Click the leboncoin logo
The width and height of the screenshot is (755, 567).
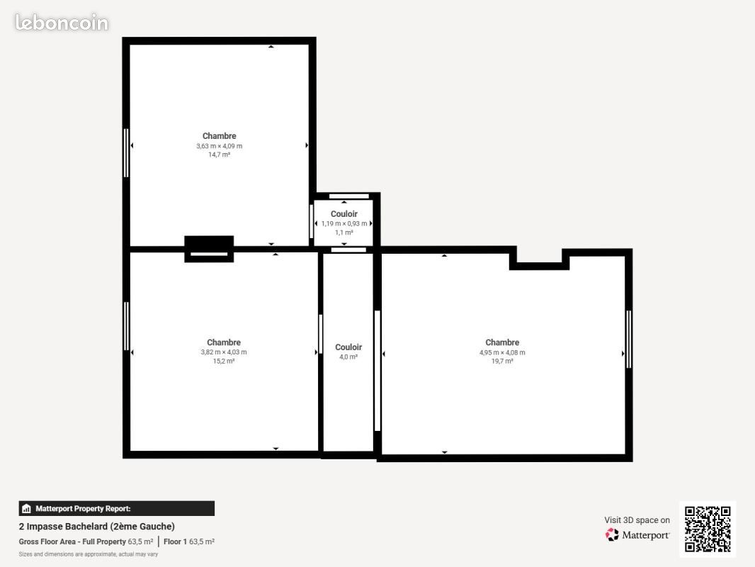pyautogui.click(x=62, y=23)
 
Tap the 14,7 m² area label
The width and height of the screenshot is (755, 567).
pyautogui.click(x=219, y=155)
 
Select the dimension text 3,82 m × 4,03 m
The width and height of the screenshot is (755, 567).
pyautogui.click(x=223, y=352)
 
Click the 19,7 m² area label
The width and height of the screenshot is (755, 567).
pyautogui.click(x=501, y=361)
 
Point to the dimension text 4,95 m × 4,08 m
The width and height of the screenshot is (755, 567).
pyautogui.click(x=501, y=353)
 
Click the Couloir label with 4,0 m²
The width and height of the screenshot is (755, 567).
pyautogui.click(x=348, y=347)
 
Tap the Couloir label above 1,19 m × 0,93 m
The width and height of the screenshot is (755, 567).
pyautogui.click(x=344, y=214)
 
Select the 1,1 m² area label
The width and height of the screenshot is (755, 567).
pyautogui.click(x=344, y=232)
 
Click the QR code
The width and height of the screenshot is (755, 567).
pyautogui.click(x=708, y=529)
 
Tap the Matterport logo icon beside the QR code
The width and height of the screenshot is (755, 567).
pyautogui.click(x=612, y=534)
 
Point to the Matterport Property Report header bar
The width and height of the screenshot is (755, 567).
pyautogui.click(x=117, y=509)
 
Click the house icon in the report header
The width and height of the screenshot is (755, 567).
pyautogui.click(x=26, y=509)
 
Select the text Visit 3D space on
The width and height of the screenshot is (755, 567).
pyautogui.click(x=637, y=520)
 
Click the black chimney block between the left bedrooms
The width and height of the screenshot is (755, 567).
pyautogui.click(x=209, y=249)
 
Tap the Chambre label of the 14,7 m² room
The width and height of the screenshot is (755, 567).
pyautogui.click(x=219, y=136)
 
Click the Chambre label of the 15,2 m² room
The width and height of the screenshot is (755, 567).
pyautogui.click(x=223, y=342)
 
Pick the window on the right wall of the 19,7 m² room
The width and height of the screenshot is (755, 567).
pyautogui.click(x=628, y=339)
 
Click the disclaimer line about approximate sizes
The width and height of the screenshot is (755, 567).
pyautogui.click(x=88, y=554)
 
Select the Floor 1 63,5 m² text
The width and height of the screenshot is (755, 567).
pyautogui.click(x=188, y=542)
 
